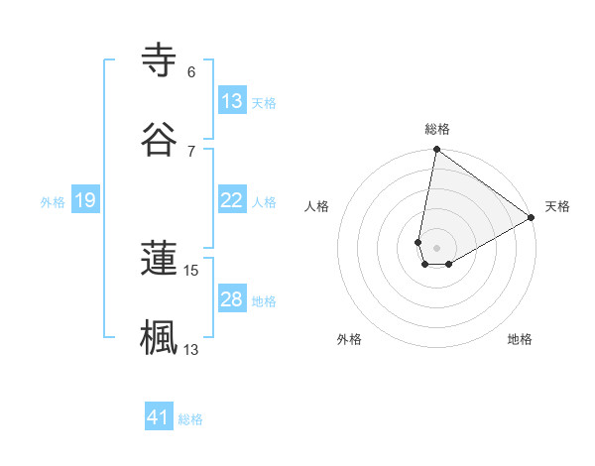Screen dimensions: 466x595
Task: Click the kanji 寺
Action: pyautogui.click(x=159, y=61)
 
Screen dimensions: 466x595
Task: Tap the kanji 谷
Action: pyautogui.click(x=159, y=140)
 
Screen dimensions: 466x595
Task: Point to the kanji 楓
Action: pyautogui.click(x=159, y=336)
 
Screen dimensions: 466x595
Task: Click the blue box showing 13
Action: pyautogui.click(x=232, y=101)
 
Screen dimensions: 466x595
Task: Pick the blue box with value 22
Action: pyautogui.click(x=232, y=200)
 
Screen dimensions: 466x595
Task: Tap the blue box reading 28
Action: pyautogui.click(x=232, y=299)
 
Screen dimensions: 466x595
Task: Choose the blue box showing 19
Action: pyautogui.click(x=85, y=200)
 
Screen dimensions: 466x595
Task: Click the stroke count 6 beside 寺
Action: pyautogui.click(x=191, y=71)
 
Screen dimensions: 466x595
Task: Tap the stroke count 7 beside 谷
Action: pyautogui.click(x=191, y=151)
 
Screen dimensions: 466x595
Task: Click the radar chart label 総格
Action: pyautogui.click(x=437, y=129)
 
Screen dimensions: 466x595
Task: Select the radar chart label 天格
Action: pyautogui.click(x=557, y=206)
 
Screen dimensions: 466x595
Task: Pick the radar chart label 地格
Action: pyautogui.click(x=520, y=339)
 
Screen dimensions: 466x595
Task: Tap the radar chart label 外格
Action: pyautogui.click(x=349, y=339)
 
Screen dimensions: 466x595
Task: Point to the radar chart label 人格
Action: pyautogui.click(x=316, y=206)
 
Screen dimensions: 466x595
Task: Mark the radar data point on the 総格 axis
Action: pyautogui.click(x=436, y=151)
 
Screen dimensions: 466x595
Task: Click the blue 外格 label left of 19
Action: pyautogui.click(x=53, y=201)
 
